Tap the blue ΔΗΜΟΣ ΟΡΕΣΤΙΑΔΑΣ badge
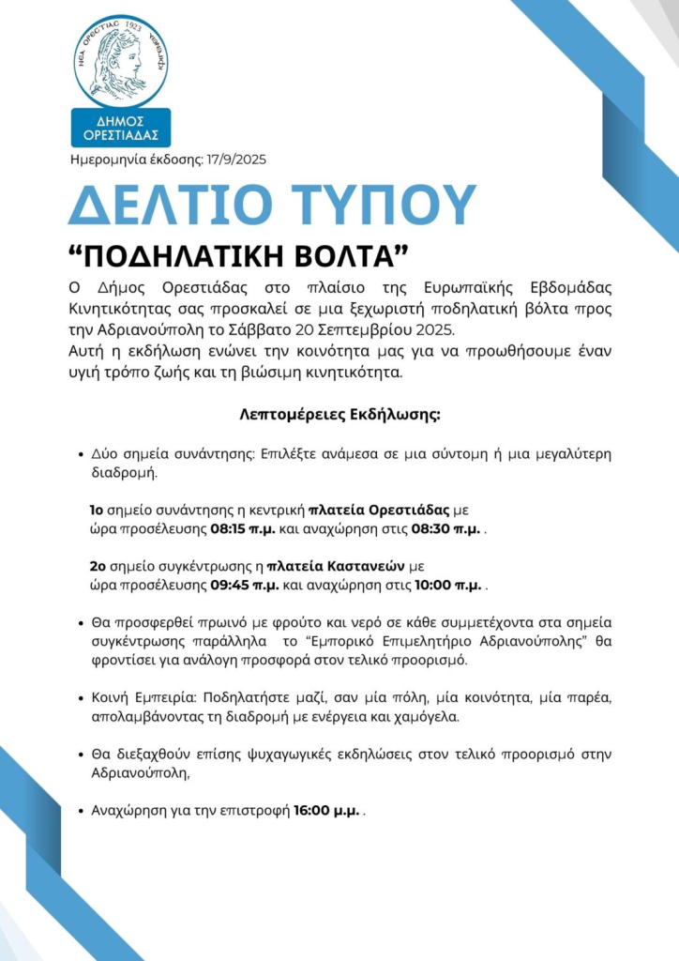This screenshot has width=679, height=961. click(x=121, y=128)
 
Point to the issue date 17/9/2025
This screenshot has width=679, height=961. click(x=235, y=160)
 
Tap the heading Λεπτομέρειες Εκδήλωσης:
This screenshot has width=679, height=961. click(x=339, y=414)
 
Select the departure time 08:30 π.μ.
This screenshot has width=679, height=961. click(x=445, y=529)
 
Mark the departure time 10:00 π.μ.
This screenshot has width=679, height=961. click(x=447, y=586)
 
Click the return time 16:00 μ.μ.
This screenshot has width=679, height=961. click(x=326, y=810)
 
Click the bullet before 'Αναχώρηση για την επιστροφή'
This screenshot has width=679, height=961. click(x=82, y=811)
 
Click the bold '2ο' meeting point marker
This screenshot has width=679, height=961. click(x=97, y=567)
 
